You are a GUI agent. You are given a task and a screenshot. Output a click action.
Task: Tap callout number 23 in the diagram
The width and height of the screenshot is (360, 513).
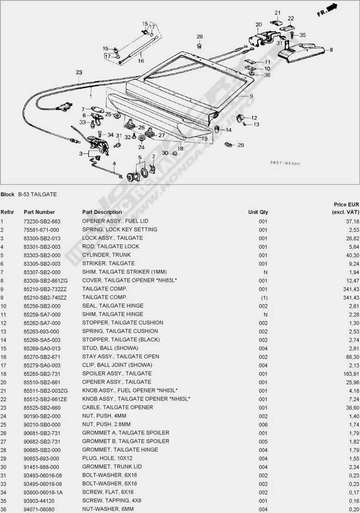pyautogui.click(x=79, y=72)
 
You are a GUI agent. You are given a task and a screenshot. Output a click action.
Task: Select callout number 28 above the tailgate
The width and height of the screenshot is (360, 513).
pyautogui.click(x=199, y=36)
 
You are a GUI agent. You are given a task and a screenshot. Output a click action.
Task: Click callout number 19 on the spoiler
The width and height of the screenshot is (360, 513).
pyautogui.click(x=204, y=138)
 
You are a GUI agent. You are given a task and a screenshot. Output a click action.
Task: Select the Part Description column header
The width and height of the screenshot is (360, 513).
pyautogui.click(x=102, y=212)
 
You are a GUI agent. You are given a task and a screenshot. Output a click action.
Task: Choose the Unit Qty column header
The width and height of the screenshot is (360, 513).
pyautogui.click(x=258, y=212)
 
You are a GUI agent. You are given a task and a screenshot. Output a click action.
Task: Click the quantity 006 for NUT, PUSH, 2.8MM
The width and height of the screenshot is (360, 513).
pyautogui.click(x=263, y=424)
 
